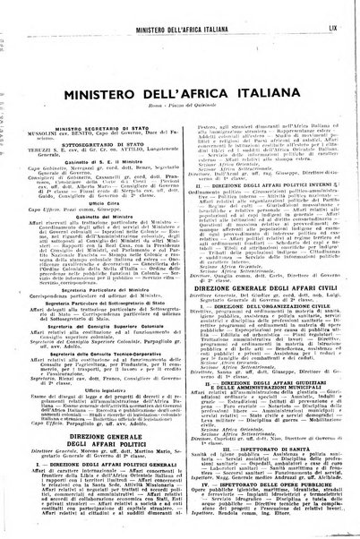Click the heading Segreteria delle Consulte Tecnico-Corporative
105,352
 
